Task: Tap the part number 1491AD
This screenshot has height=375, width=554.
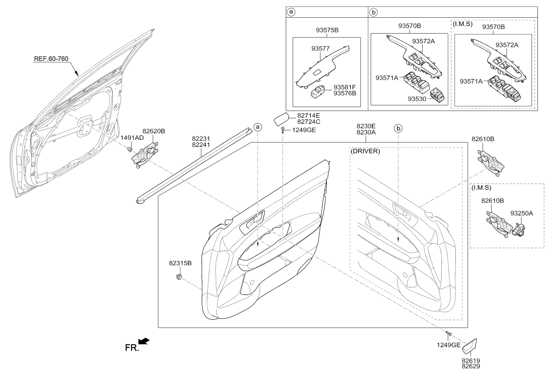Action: click(132, 138)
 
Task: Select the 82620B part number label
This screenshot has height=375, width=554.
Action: click(153, 131)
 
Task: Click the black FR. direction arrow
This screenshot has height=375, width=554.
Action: click(144, 341)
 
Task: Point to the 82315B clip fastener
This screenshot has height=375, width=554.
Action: click(179, 277)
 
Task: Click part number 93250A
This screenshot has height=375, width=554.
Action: click(522, 213)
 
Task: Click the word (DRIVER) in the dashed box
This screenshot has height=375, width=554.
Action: click(365, 151)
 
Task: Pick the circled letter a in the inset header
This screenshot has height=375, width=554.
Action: click(290, 12)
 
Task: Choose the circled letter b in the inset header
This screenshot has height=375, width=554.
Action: click(374, 12)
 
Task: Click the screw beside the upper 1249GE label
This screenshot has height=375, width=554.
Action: click(282, 130)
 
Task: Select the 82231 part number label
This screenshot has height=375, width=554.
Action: click(201, 138)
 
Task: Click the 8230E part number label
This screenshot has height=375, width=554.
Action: click(366, 126)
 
